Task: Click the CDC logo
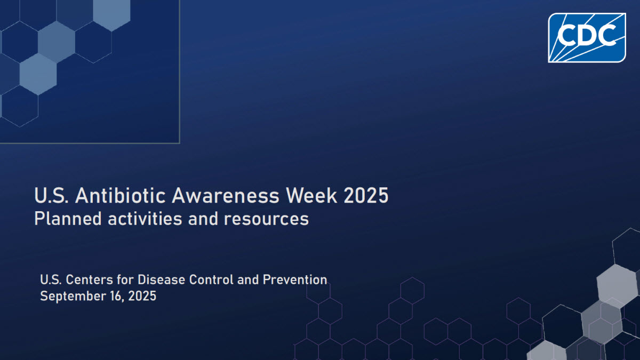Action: [587, 38]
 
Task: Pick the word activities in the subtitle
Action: [145, 219]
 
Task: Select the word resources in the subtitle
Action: [266, 219]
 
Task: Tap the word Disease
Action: [162, 279]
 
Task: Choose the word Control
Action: [211, 279]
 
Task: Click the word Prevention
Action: [295, 279]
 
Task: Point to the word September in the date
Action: [73, 297]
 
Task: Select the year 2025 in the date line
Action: [142, 296]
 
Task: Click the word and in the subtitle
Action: [203, 219]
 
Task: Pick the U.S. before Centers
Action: [51, 279]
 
